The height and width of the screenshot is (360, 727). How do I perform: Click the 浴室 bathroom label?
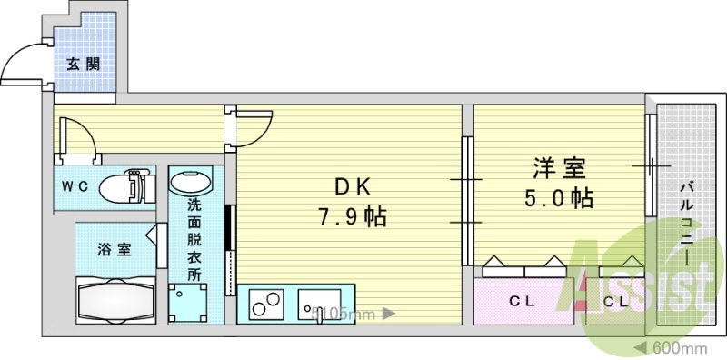pos(115,248)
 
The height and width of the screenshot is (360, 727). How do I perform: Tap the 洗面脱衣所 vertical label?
pos(194,240)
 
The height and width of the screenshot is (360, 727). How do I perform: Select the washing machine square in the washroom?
pos(188,302)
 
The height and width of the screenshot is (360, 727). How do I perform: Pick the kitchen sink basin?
pos(319,302)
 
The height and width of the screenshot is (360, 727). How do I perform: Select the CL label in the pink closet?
pos(520,300)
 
